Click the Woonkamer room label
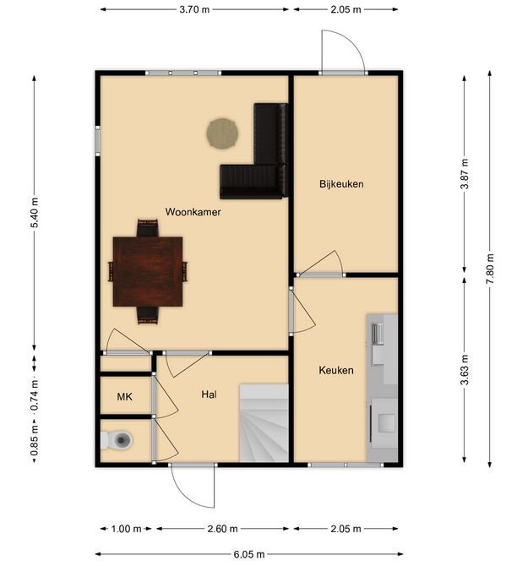pos(193,212)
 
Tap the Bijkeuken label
pos(341,184)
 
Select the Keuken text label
pos(336,370)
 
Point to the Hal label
pos(209,395)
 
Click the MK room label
pos(124,397)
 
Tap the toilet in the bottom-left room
pos(117,440)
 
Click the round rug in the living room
pos(222,133)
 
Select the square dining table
pos(148,272)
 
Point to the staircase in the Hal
pos(264,423)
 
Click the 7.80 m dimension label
pos(490,269)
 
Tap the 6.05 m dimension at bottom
pos(249,554)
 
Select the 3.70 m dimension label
pos(194,9)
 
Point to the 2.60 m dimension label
pos(222,529)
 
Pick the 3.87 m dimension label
pos(465,174)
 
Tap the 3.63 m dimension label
pos(465,370)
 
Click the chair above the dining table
pos(148,228)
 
